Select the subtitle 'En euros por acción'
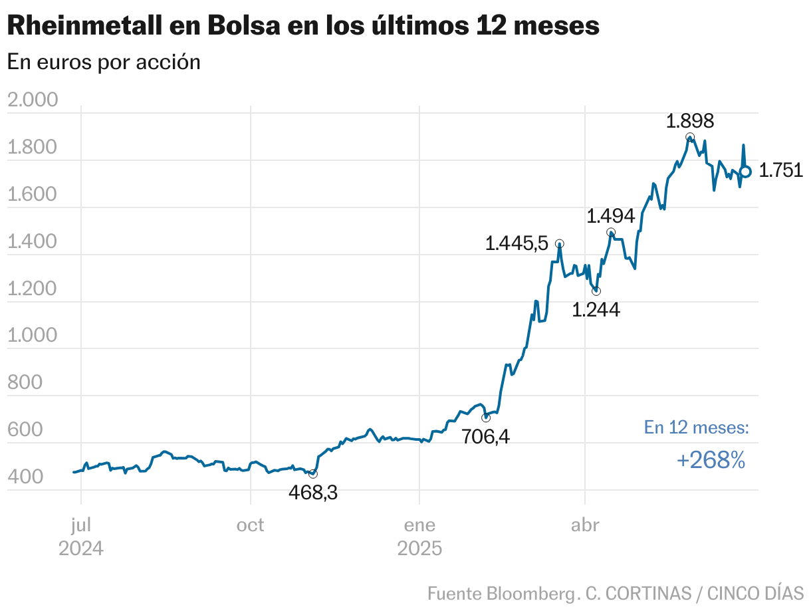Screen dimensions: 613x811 coord(104,62)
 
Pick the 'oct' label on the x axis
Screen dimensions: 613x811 coord(251,525)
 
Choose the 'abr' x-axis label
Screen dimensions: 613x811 coord(585,525)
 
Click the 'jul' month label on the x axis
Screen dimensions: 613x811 coord(80,525)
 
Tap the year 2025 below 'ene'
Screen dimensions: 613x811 coord(419,549)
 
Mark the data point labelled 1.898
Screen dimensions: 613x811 coord(690,137)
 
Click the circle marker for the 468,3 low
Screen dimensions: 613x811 coord(313,473)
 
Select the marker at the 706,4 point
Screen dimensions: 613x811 coord(485,418)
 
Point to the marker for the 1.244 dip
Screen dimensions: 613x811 coord(596,291)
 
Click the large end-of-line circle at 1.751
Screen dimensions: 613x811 coord(745,172)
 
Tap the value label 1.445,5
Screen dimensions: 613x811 coord(517,243)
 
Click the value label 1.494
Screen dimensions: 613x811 coord(610,216)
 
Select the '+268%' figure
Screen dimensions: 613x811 coord(711,460)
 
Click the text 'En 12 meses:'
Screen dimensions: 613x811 coord(696,428)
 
